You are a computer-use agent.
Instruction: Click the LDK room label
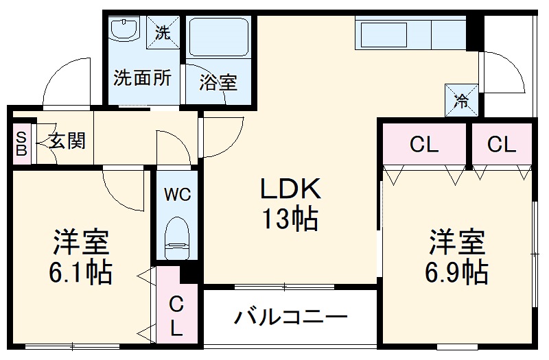pos(290,189)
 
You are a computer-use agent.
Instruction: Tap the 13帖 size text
pos(290,219)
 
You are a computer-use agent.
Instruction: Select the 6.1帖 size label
pos(80,272)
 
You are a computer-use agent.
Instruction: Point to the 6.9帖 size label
pos(456,272)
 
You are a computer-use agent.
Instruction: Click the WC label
pos(178,194)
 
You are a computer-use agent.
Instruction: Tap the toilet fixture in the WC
pos(177,238)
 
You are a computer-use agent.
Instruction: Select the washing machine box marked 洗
pos(163,32)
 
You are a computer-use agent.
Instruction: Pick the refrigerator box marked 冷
pos(461,100)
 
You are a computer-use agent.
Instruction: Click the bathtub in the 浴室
pos(218,37)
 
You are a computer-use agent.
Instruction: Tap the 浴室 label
pos(218,83)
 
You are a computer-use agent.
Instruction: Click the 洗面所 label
pos(142,77)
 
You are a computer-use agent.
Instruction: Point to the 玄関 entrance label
pos(67,141)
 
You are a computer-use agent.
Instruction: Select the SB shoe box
pos(22,143)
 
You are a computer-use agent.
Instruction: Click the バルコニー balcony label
pos(290,317)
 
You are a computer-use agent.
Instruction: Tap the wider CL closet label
pos(423,144)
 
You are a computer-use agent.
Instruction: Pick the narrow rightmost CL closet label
pos(502,144)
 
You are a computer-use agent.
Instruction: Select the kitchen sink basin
pos(384,35)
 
